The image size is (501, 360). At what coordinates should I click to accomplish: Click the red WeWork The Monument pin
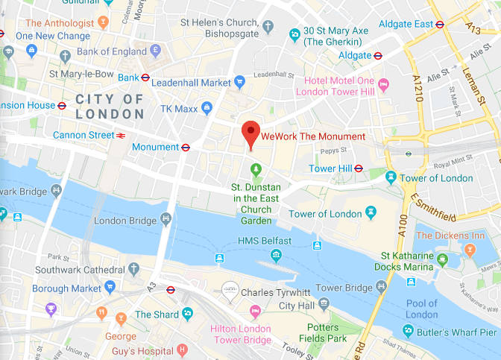tap(251, 135)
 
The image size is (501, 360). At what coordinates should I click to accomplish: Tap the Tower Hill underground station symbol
tap(359, 168)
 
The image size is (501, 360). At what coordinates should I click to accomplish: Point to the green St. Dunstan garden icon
tap(256, 169)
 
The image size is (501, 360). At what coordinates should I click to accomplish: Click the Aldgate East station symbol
tap(441, 24)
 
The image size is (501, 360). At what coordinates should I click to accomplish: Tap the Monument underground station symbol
tap(186, 147)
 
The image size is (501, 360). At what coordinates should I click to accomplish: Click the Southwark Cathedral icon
tap(134, 268)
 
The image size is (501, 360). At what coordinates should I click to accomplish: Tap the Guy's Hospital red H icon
tap(181, 350)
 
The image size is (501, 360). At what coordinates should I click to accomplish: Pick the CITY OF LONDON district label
tap(110, 107)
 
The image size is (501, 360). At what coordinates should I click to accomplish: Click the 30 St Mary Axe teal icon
tap(296, 33)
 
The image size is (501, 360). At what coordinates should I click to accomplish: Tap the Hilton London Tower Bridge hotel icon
tap(255, 310)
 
